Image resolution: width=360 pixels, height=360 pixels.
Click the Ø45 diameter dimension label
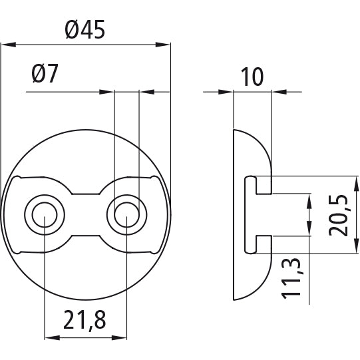[x=86, y=31]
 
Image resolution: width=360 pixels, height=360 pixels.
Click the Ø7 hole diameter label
[x=45, y=75]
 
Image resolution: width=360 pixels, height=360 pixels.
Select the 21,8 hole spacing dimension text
[x=85, y=320]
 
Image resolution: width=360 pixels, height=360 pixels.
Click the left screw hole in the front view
[x=44, y=214]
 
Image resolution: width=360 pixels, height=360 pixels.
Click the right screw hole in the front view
[x=126, y=214]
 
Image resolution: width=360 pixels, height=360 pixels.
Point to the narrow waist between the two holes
[x=85, y=214]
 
